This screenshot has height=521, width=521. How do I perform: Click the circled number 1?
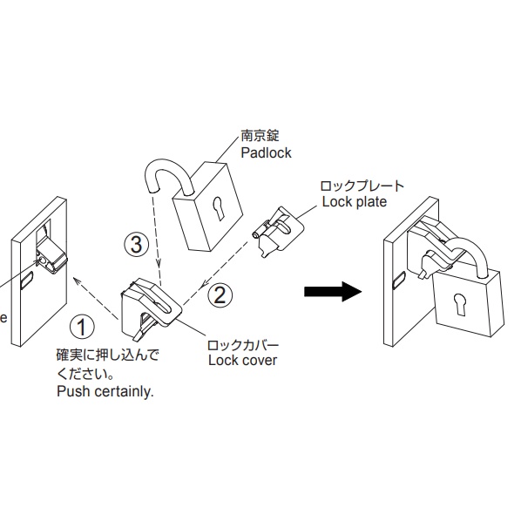tap(82, 327)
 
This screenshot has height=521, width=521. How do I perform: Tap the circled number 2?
tap(220, 294)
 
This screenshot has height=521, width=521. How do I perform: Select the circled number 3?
tap(137, 245)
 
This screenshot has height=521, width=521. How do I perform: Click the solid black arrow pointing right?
tap(333, 292)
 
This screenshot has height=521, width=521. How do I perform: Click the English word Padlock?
tap(266, 152)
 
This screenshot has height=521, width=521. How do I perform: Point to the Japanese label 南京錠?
tap(260, 136)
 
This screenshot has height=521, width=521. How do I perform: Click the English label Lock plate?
tap(355, 201)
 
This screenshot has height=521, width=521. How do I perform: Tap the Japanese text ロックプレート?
tap(362, 186)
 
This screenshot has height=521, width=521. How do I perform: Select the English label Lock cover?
tap(242, 360)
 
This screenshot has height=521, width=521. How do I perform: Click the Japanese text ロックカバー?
tap(242, 345)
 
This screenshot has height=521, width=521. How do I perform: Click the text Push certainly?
tap(105, 391)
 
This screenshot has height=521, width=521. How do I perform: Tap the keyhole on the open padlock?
tap(218, 207)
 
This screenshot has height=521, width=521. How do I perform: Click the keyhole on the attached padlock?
tap(459, 304)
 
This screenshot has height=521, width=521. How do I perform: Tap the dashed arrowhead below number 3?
tap(159, 263)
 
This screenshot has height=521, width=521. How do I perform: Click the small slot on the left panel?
tap(27, 280)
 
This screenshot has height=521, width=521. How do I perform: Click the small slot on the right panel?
tap(399, 280)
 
